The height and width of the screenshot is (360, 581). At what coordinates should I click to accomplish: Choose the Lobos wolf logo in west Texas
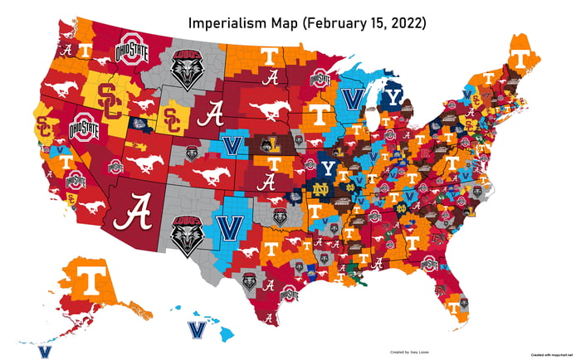tap(187, 234)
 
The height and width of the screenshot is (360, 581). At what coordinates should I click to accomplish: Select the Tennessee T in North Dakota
tap(269, 56)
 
